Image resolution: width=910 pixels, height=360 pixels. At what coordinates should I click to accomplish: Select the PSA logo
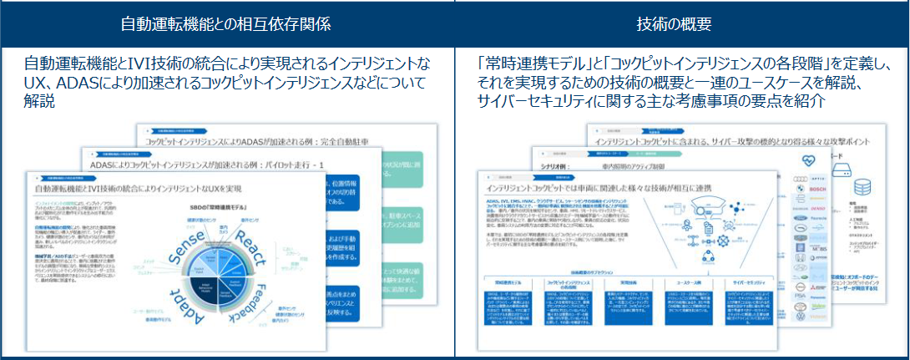[x=800, y=318]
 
